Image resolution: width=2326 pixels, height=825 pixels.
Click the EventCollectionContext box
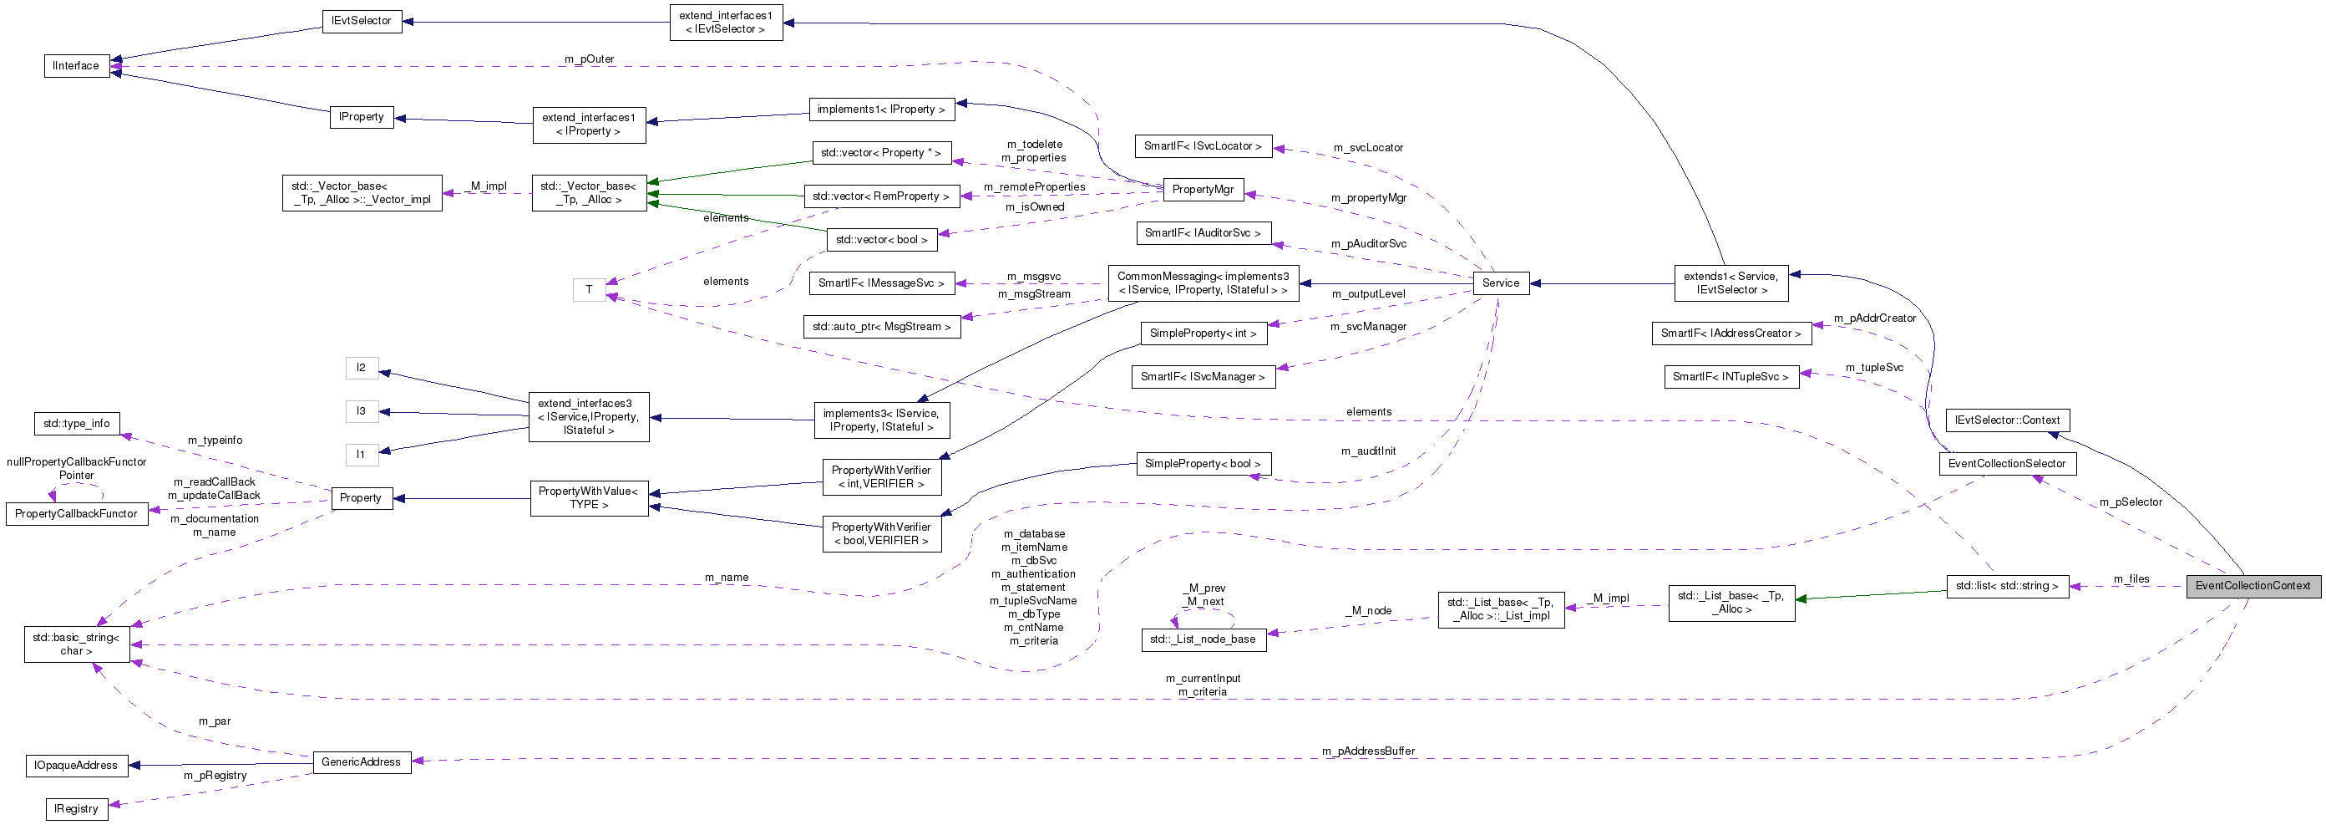pyautogui.click(x=2252, y=586)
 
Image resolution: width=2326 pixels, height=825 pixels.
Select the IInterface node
pyautogui.click(x=76, y=66)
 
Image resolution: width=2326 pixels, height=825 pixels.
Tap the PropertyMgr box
pyautogui.click(x=1202, y=190)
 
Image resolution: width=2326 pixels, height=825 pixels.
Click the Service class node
pyautogui.click(x=1500, y=283)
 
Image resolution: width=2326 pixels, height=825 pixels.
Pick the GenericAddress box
pyautogui.click(x=360, y=761)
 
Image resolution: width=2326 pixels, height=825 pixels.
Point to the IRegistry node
pyautogui.click(x=76, y=809)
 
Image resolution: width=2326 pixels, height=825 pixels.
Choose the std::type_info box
pyautogui.click(x=76, y=423)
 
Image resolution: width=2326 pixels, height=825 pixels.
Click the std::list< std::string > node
pyautogui.click(x=2006, y=586)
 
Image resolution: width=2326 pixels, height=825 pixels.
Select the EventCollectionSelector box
pyautogui.click(x=2006, y=464)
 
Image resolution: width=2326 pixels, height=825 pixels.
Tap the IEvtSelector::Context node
pyautogui.click(x=2006, y=420)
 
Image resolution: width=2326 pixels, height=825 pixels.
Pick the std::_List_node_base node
pyautogui.click(x=1202, y=639)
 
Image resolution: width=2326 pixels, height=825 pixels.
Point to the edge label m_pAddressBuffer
pyautogui.click(x=1367, y=751)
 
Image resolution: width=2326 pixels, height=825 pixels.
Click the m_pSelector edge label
pyautogui.click(x=2129, y=502)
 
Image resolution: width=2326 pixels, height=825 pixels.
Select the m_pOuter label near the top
pyautogui.click(x=589, y=59)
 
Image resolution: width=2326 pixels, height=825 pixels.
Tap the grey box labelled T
pyautogui.click(x=589, y=290)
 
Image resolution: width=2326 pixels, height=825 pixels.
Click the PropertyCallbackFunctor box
pyautogui.click(x=76, y=513)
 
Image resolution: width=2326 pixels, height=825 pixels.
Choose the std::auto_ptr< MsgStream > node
pyautogui.click(x=880, y=326)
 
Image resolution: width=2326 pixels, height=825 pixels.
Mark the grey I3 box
pyautogui.click(x=360, y=411)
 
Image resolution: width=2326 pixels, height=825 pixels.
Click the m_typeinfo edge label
pyautogui.click(x=214, y=440)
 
